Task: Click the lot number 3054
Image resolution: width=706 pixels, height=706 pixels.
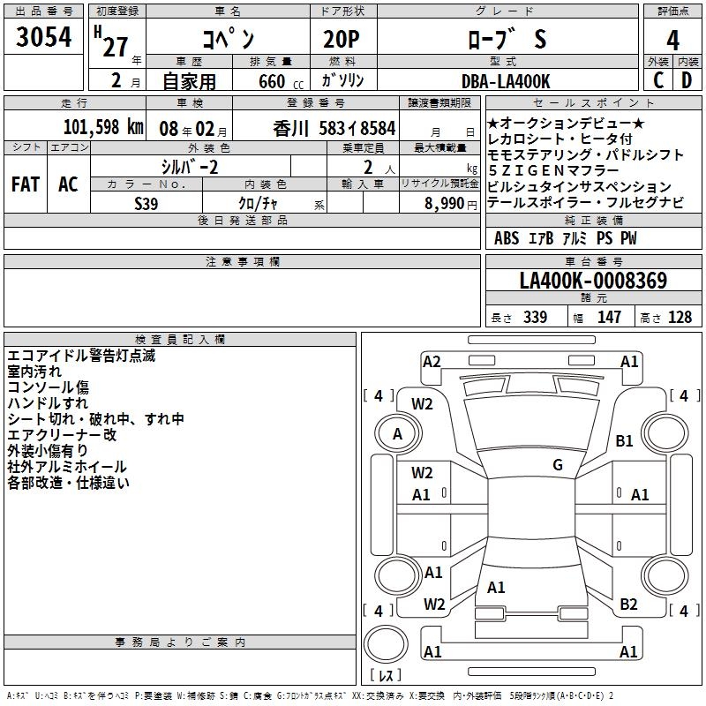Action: [x=44, y=40]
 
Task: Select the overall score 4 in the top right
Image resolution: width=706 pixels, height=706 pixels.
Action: [x=672, y=40]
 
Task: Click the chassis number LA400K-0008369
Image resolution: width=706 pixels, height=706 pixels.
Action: [x=593, y=281]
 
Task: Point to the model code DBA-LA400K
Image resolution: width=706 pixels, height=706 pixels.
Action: [x=507, y=81]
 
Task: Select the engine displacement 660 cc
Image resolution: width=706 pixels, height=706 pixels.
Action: [x=272, y=81]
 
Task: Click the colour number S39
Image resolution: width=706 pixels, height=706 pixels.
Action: [x=146, y=202]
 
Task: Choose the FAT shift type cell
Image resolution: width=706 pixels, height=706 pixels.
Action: [x=25, y=184]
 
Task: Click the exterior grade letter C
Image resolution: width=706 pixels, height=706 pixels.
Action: [x=657, y=81]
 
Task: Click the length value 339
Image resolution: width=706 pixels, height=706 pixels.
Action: [x=535, y=318]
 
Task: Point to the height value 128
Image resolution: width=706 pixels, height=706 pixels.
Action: [x=680, y=318]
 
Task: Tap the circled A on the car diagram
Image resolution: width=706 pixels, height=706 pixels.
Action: [x=397, y=433]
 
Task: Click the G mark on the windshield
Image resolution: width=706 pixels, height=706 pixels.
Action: [x=558, y=464]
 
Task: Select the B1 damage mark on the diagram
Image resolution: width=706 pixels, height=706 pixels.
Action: [x=625, y=440]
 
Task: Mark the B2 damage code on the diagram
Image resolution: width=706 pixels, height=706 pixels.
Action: [x=628, y=605]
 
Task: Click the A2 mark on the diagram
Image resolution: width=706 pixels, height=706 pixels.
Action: [x=432, y=361]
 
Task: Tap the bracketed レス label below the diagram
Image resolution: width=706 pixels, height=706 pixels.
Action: [x=385, y=676]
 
